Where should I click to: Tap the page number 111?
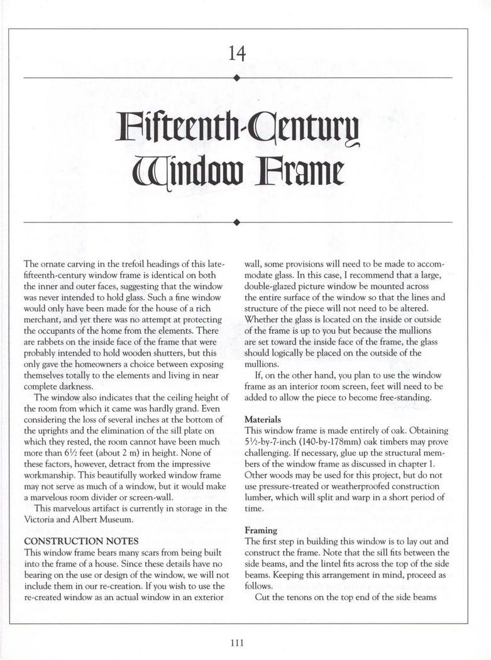click(236, 642)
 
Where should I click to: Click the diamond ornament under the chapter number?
click(236, 77)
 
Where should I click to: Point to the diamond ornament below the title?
click(236, 222)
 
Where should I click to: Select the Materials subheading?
click(262, 419)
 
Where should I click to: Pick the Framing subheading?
click(260, 531)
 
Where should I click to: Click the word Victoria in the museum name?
click(40, 519)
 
